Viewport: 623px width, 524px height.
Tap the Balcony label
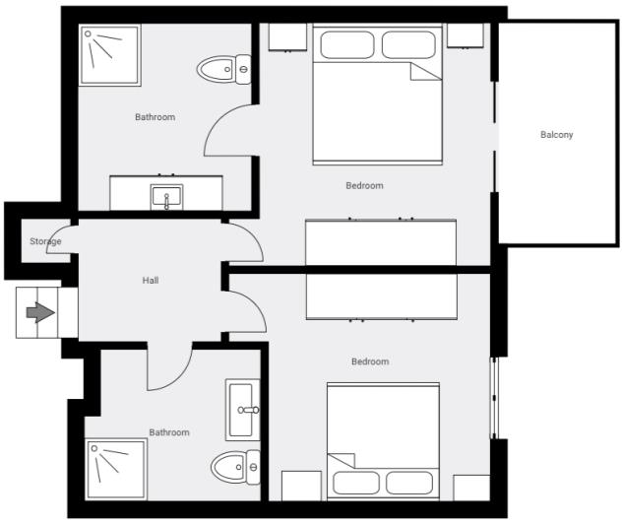[x=556, y=135]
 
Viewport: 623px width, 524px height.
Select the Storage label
[x=45, y=241]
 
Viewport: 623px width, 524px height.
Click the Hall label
[x=151, y=281]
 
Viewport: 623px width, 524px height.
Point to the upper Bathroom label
[x=155, y=117]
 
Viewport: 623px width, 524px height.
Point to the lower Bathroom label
[x=168, y=432]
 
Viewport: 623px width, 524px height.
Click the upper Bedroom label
[x=364, y=185]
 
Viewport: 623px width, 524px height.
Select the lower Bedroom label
[x=370, y=361]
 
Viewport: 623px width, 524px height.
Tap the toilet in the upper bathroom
[x=223, y=70]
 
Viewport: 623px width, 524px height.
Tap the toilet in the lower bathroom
[x=236, y=464]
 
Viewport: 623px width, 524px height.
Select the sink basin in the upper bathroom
[x=166, y=197]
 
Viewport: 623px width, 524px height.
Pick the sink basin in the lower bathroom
[x=243, y=410]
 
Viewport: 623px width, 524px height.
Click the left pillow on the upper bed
[x=345, y=46]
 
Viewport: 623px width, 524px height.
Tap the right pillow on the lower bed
[x=409, y=482]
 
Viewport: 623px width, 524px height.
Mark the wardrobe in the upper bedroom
[x=381, y=241]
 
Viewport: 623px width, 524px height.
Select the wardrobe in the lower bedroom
[x=381, y=296]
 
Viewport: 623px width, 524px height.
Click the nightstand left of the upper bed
[x=288, y=36]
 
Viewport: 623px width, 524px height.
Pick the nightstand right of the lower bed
[x=471, y=488]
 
